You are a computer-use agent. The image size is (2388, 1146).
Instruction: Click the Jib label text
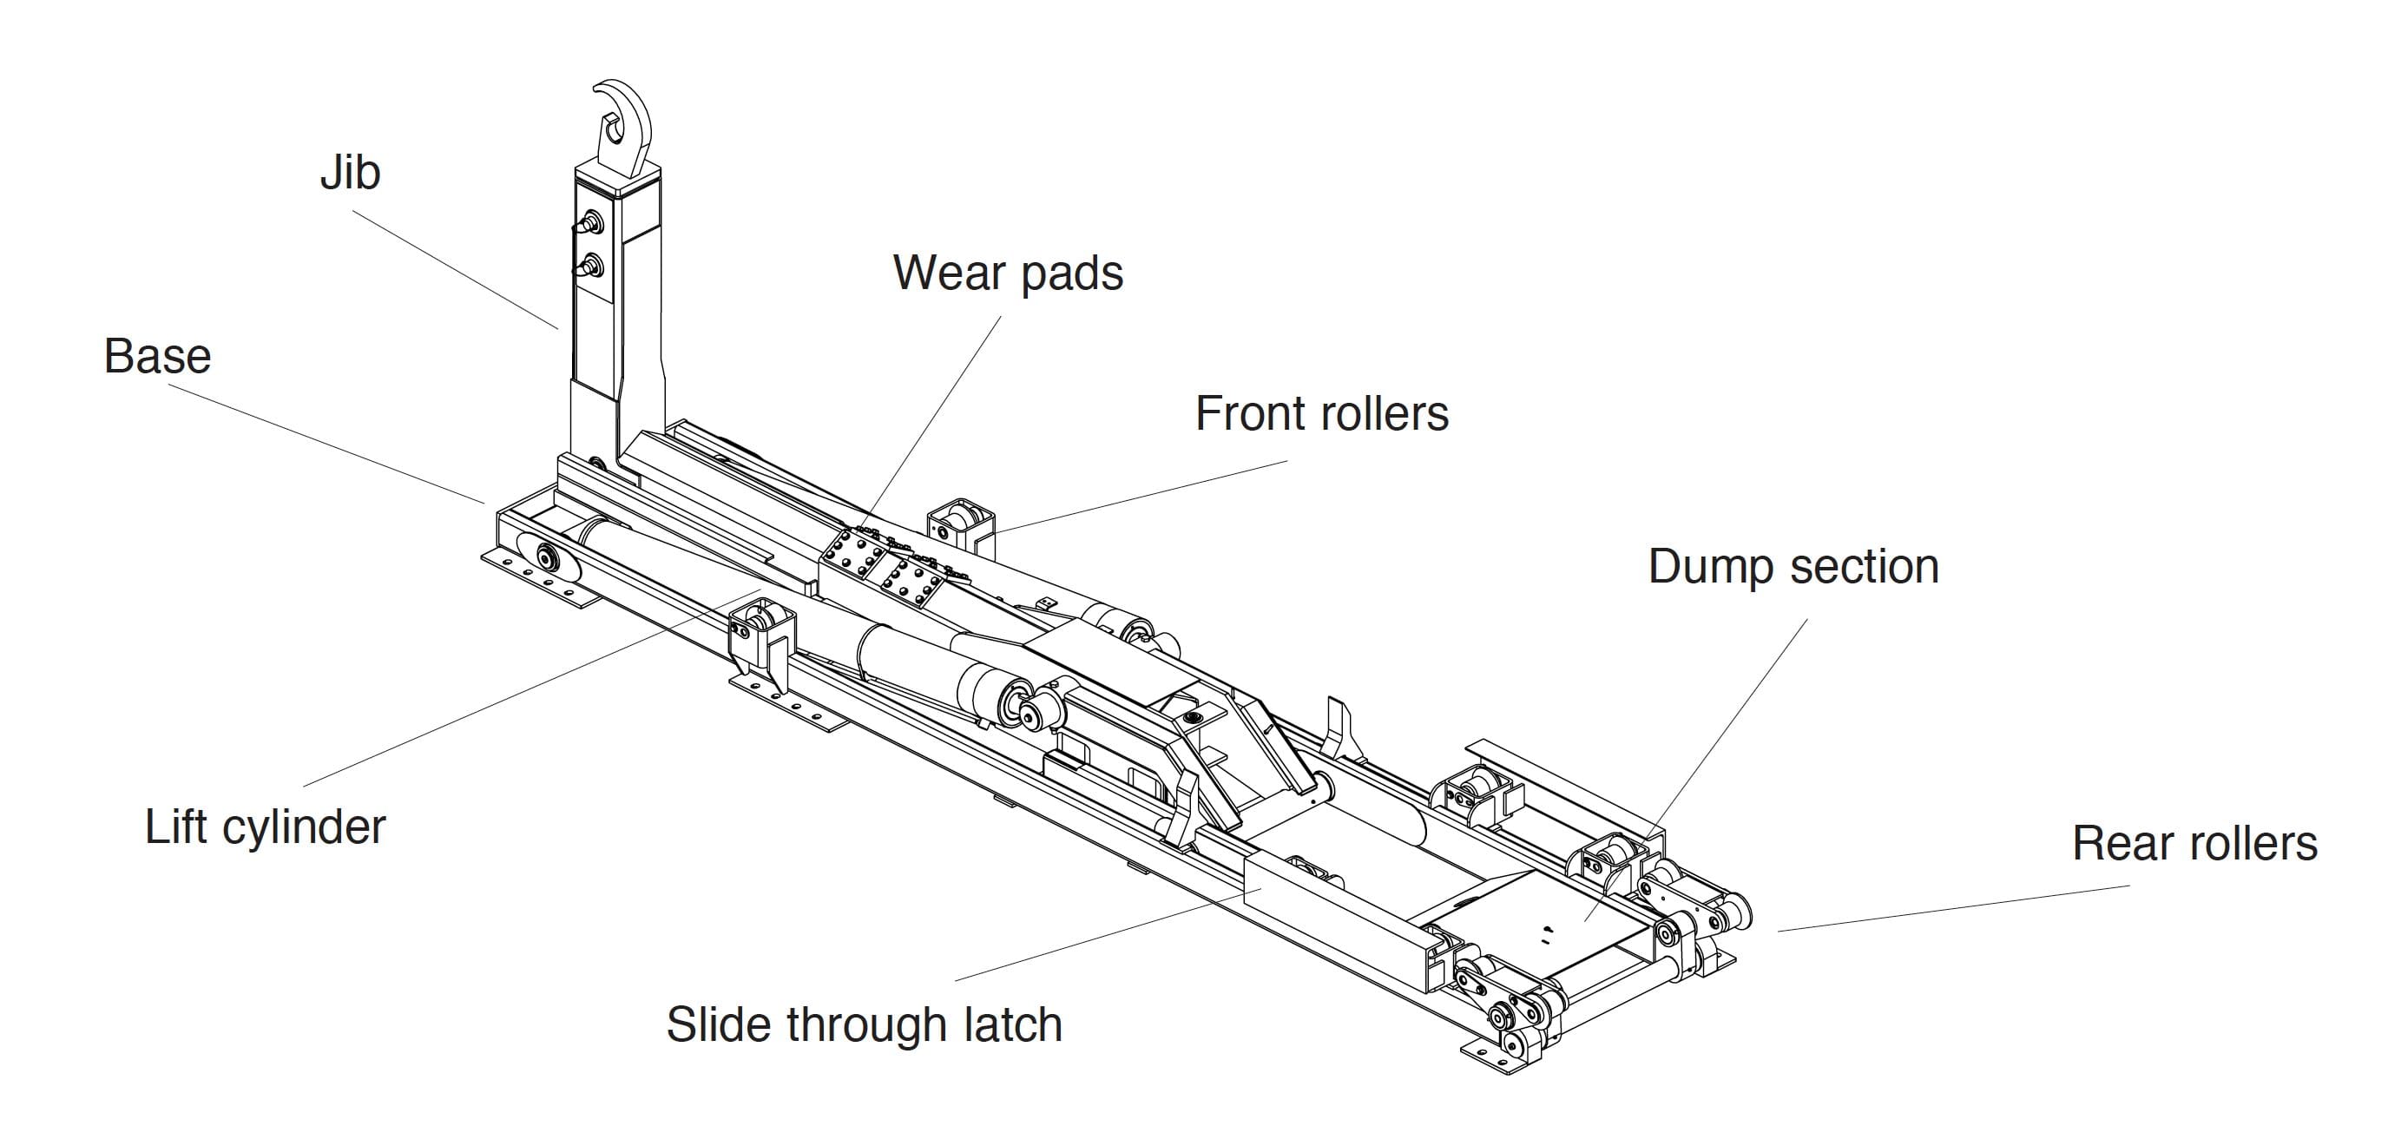pos(350,174)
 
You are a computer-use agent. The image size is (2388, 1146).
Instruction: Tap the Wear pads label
pos(1007,273)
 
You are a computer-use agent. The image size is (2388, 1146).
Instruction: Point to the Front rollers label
pos(1321,413)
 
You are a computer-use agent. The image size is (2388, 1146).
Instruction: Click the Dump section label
pos(1793,567)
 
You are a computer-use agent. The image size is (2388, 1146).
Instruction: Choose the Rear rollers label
pos(2194,844)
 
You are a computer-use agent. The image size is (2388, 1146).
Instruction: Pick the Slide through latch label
pos(863,1024)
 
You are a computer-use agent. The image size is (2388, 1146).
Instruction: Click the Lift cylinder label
pos(264,827)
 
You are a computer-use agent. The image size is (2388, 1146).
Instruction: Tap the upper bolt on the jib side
pos(590,222)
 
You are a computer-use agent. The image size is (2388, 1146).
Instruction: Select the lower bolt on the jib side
pos(590,268)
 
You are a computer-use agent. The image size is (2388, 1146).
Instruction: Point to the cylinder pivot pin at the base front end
pos(547,558)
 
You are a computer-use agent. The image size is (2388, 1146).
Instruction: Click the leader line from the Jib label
pos(454,269)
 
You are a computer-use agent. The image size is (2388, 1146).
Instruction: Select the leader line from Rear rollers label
pos(1947,909)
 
